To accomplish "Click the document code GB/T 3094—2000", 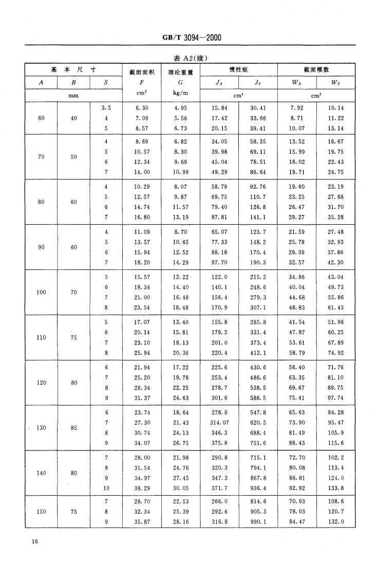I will [x=188, y=38].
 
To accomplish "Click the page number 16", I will [x=34, y=541].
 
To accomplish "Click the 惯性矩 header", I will [x=238, y=69].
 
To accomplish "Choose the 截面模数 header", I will [x=316, y=69].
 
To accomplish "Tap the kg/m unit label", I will [x=181, y=94].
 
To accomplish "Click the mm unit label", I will [x=73, y=95].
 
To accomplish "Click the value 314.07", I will [x=219, y=422].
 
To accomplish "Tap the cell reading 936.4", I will [x=258, y=487].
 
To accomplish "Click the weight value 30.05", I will [x=181, y=487].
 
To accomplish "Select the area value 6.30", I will [x=142, y=108].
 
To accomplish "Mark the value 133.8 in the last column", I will [x=335, y=487].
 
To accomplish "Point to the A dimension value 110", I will [x=41, y=337].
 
